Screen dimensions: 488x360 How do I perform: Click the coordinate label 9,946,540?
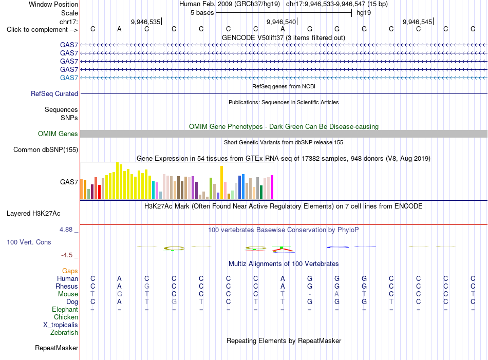point(281,22)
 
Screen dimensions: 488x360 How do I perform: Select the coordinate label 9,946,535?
point(145,22)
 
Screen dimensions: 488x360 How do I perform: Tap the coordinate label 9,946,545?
point(417,22)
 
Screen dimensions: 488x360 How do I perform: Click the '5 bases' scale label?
point(202,13)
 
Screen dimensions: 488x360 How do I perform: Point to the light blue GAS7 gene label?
point(69,78)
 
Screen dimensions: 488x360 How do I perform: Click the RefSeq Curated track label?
point(54,93)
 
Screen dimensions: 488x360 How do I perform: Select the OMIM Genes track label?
point(58,134)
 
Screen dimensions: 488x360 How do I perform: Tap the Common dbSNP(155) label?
point(45,149)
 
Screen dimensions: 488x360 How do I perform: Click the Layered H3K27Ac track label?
point(33,214)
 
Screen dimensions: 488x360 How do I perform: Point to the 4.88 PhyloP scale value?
point(66,230)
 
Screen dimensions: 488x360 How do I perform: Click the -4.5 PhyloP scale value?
point(67,255)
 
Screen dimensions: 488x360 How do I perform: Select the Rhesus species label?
point(67,286)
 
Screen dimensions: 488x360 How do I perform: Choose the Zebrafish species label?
point(64,333)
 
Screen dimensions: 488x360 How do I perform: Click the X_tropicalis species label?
point(61,325)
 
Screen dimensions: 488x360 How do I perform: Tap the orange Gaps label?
point(70,271)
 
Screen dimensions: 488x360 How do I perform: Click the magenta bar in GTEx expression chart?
point(272,187)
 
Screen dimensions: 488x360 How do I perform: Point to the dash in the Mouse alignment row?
point(310,294)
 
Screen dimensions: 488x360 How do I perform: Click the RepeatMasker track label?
point(57,348)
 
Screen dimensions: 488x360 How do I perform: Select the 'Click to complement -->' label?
point(42,30)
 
